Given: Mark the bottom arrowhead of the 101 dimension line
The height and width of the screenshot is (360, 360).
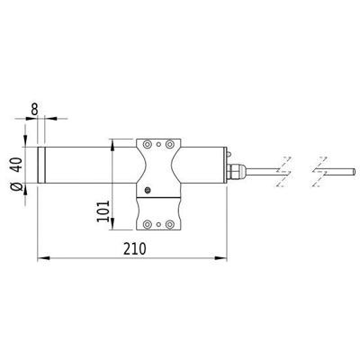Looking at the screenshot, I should [112, 227].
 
